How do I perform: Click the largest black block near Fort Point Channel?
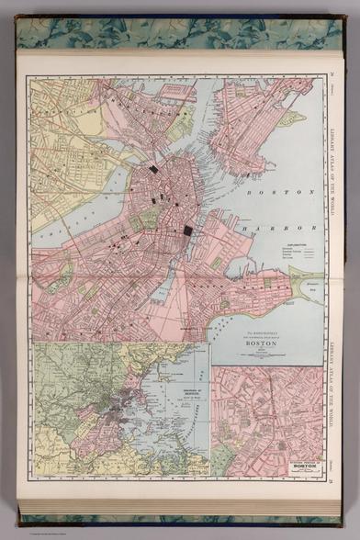click(x=188, y=231)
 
